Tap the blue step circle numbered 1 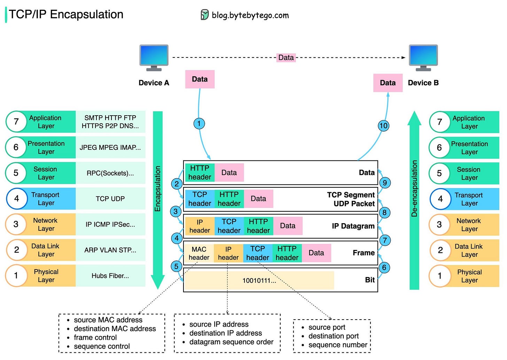[199, 123]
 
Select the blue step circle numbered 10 [383, 126]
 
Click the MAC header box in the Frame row [199, 253]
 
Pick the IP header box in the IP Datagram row [200, 226]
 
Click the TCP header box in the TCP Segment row [200, 199]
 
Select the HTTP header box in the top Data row [200, 172]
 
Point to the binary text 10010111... [259, 281]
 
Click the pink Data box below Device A [200, 79]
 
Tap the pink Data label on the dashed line [286, 57]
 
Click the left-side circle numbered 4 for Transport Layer [16, 198]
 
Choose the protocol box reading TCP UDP [110, 198]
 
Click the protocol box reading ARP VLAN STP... [110, 250]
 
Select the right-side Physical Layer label [469, 276]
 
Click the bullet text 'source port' [327, 327]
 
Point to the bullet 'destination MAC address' [115, 329]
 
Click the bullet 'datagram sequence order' [231, 342]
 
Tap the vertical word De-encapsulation [414, 188]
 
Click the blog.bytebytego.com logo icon [204, 15]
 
